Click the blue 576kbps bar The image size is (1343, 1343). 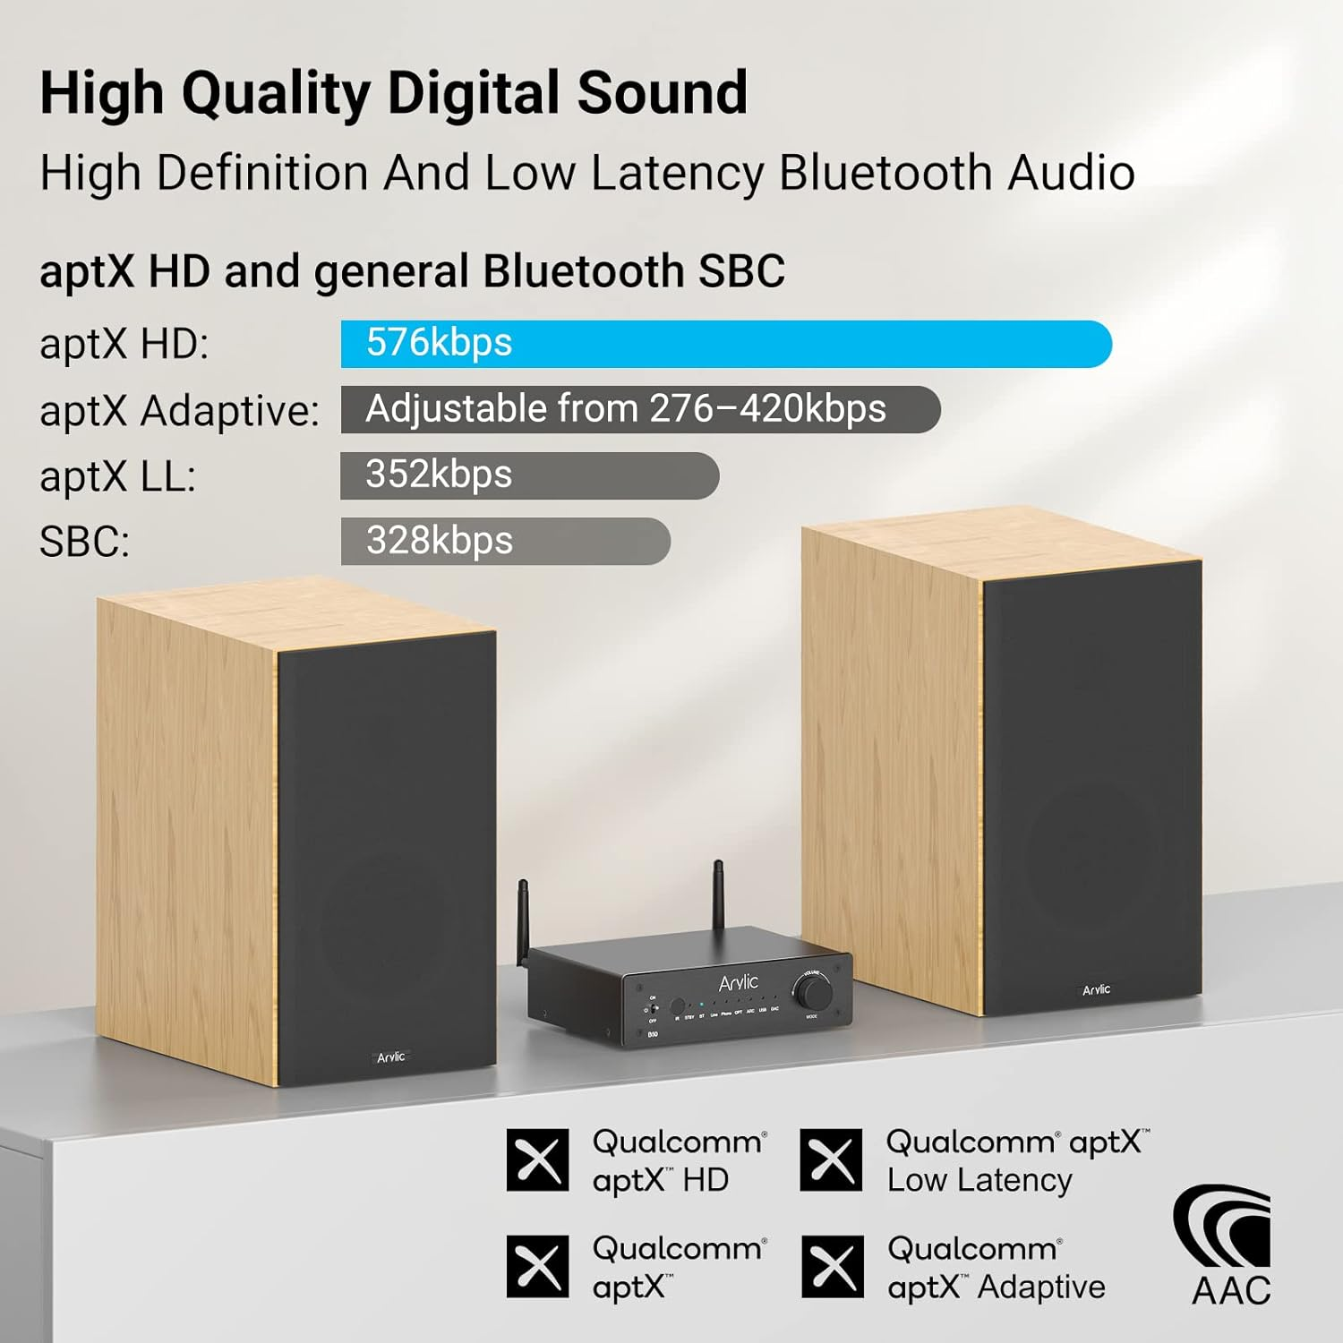[x=725, y=344]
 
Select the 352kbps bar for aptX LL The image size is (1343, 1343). [x=529, y=475]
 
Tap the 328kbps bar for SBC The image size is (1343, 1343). [x=505, y=541]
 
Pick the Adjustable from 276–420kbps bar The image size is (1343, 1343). [x=640, y=409]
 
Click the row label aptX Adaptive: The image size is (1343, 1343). [x=179, y=411]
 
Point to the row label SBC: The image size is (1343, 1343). [x=84, y=542]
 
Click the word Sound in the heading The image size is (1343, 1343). [x=662, y=92]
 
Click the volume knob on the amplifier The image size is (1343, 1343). [x=813, y=991]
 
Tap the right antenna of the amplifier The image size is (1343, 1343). [x=718, y=895]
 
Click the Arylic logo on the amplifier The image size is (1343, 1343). [x=738, y=982]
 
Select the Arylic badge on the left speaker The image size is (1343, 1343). [x=390, y=1057]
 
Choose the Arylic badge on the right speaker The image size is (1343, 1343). [x=1096, y=989]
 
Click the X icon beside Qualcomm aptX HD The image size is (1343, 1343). [x=537, y=1160]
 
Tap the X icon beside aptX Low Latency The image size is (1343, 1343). [x=831, y=1160]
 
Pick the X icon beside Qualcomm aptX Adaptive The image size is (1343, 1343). [x=833, y=1267]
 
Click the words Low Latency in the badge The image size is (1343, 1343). [x=979, y=1180]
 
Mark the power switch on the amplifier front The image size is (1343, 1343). [x=654, y=1009]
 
